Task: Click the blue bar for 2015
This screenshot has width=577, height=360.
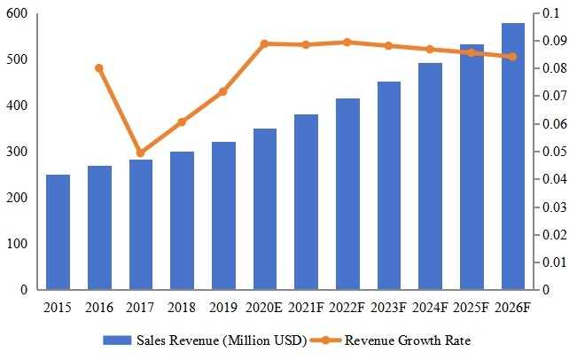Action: (x=58, y=232)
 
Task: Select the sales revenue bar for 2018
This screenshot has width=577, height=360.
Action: (x=182, y=221)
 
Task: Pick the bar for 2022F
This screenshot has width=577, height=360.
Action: (x=347, y=194)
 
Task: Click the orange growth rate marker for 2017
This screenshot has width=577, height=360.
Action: (x=141, y=153)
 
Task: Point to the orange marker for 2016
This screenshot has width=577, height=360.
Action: (x=99, y=68)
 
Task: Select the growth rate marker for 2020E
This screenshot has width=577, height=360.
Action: (x=265, y=43)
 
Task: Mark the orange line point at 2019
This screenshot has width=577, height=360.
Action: (x=223, y=91)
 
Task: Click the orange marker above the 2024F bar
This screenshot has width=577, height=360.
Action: (x=430, y=49)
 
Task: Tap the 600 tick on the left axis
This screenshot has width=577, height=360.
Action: (x=19, y=14)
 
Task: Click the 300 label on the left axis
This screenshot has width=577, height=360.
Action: (x=19, y=152)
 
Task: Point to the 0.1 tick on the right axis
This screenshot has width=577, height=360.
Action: (x=551, y=14)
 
